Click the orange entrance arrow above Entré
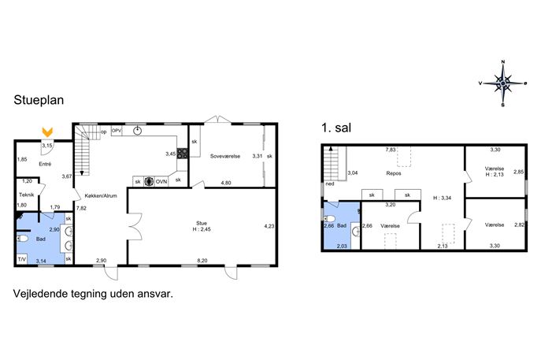click(x=47, y=132)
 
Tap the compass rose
click(x=502, y=84)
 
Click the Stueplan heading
click(x=39, y=100)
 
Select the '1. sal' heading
click(x=336, y=128)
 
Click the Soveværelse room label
click(x=225, y=156)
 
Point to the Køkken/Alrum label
click(x=101, y=195)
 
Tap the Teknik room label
click(x=27, y=195)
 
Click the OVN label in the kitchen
click(x=161, y=181)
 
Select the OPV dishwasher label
click(x=117, y=131)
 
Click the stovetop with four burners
click(x=182, y=154)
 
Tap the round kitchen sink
click(x=138, y=131)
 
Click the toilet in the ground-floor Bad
click(x=23, y=239)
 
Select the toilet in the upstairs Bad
click(x=329, y=218)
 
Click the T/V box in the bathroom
click(x=22, y=259)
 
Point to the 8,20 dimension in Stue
click(x=202, y=261)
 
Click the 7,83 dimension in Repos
click(x=391, y=150)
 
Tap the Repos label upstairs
click(x=394, y=173)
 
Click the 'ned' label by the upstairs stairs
click(x=330, y=184)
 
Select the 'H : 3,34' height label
click(x=442, y=198)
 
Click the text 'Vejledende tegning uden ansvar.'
click(x=93, y=294)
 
